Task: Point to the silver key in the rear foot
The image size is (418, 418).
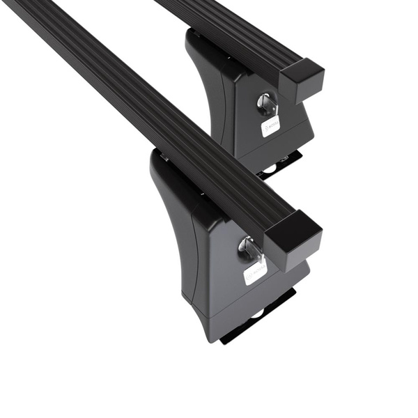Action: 267,104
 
